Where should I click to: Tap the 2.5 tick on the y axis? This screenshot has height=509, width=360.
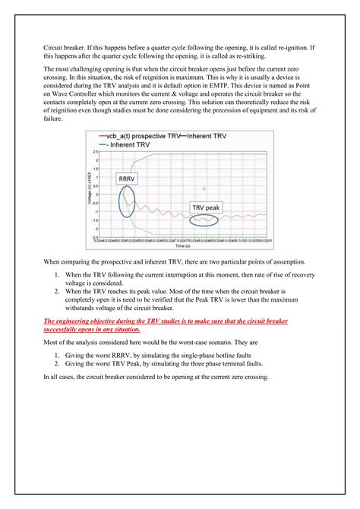coord(96,151)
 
